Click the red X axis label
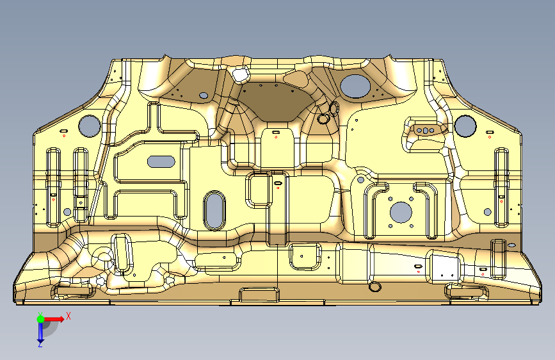(x=68, y=315)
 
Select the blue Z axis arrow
(x=40, y=331)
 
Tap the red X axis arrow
(x=54, y=318)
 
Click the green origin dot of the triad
(x=40, y=318)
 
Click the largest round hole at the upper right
(x=354, y=85)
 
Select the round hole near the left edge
(x=88, y=126)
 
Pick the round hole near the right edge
(x=465, y=125)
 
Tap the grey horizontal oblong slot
(x=161, y=161)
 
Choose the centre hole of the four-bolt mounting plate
(x=400, y=211)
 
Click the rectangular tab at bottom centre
(x=259, y=295)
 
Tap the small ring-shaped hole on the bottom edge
(x=374, y=286)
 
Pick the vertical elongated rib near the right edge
(x=501, y=186)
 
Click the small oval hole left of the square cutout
(x=204, y=95)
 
